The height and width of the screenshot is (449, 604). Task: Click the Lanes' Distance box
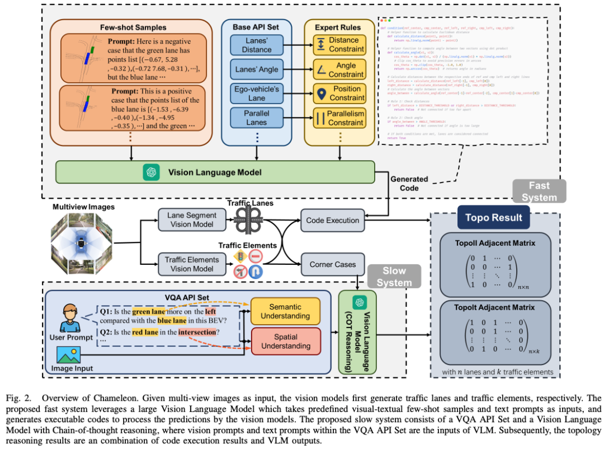[x=257, y=45]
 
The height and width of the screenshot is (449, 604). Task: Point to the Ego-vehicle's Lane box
[x=257, y=93]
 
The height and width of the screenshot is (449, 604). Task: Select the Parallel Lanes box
[x=257, y=118]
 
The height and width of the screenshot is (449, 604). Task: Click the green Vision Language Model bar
[x=215, y=172]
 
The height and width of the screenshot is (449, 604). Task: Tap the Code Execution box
[x=333, y=220]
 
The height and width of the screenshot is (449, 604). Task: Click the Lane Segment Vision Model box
[x=183, y=220]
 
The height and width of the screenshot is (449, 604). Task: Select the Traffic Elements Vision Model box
[x=183, y=264]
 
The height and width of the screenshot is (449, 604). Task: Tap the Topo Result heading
[x=486, y=218]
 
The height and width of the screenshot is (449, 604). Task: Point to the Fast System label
[x=539, y=191]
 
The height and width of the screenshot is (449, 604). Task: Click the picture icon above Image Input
[x=70, y=354]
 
